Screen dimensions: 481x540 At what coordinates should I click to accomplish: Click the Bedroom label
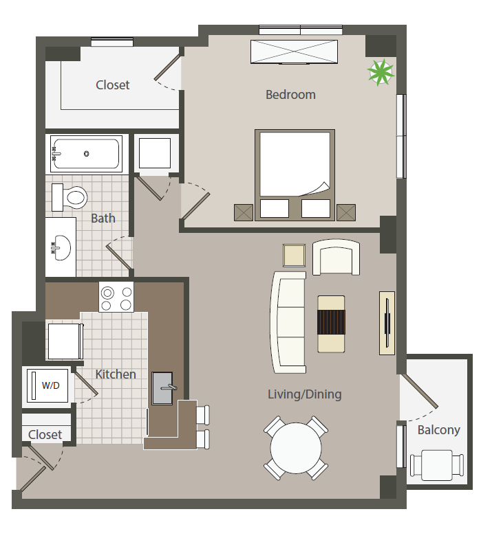click(x=290, y=95)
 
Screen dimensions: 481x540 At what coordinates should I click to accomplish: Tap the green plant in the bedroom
click(x=381, y=72)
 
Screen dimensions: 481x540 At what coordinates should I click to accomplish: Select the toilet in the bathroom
click(x=70, y=197)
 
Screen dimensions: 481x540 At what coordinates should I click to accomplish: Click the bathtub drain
click(x=86, y=154)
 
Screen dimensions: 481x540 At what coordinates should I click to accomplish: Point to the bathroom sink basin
click(x=62, y=247)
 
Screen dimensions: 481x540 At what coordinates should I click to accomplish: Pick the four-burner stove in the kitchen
click(x=116, y=297)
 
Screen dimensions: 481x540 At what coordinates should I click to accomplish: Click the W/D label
click(x=51, y=385)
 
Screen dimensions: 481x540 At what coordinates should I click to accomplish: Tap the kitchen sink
click(x=162, y=388)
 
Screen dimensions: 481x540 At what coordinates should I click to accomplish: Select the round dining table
click(x=296, y=448)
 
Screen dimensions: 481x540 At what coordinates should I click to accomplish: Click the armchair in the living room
click(x=336, y=257)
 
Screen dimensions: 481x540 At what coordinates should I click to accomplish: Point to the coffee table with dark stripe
click(x=331, y=324)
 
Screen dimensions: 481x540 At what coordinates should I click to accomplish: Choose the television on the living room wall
click(x=387, y=323)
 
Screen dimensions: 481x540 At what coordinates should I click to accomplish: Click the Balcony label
click(x=438, y=430)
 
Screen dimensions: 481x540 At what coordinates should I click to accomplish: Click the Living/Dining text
click(x=305, y=394)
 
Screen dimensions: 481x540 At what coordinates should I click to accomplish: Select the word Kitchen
click(x=116, y=374)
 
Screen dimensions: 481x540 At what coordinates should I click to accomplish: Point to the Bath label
click(x=103, y=218)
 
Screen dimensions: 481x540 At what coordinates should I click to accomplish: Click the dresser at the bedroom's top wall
click(x=295, y=52)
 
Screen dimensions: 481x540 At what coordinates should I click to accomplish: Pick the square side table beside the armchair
click(x=294, y=256)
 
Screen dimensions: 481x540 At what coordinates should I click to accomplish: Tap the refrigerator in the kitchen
click(x=65, y=341)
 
